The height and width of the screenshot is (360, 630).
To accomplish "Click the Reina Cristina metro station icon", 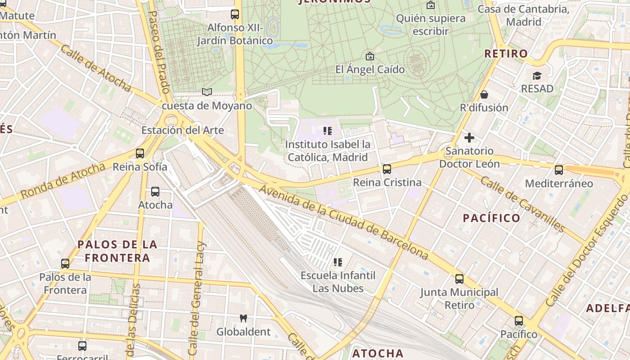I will (x=387, y=169).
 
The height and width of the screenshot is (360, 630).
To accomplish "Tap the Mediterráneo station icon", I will (x=559, y=170).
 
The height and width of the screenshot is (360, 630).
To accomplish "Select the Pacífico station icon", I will (x=519, y=321).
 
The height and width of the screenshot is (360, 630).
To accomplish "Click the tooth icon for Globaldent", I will (x=243, y=319).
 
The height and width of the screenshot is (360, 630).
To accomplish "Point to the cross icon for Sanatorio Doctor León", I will (x=469, y=138).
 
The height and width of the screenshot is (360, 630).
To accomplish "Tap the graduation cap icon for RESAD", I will (x=537, y=76).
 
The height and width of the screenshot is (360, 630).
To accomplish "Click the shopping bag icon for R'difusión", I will (x=484, y=94).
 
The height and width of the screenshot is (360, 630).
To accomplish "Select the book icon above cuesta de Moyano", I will (x=207, y=92).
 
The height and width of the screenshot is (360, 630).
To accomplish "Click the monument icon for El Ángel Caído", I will (x=370, y=56).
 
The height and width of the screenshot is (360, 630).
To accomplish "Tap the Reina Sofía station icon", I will (x=140, y=153).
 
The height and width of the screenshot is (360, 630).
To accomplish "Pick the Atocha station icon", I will (x=155, y=192).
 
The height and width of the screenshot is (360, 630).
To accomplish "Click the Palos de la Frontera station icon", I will (x=65, y=264).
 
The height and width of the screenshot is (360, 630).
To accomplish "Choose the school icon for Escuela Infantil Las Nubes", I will (x=338, y=262).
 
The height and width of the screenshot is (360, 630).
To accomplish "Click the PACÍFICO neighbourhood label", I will (x=491, y=218).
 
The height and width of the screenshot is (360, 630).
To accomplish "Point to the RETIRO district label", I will (x=506, y=54).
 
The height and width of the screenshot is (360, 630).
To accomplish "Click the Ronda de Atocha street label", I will (x=63, y=181).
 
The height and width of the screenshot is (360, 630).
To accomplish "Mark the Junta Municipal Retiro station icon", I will (x=459, y=279).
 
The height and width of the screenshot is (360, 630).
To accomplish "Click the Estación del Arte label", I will (x=182, y=130).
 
